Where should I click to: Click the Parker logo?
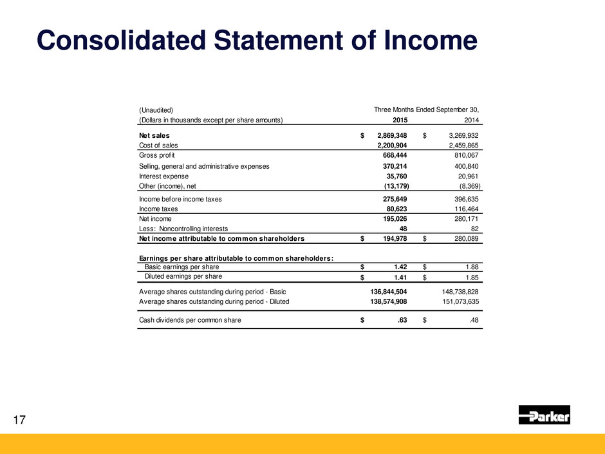click(544, 415)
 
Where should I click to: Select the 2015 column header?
click(400, 120)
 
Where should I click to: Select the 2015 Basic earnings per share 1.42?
click(399, 267)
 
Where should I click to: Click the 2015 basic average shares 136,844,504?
click(385, 291)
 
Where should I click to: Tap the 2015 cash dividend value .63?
click(402, 319)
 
